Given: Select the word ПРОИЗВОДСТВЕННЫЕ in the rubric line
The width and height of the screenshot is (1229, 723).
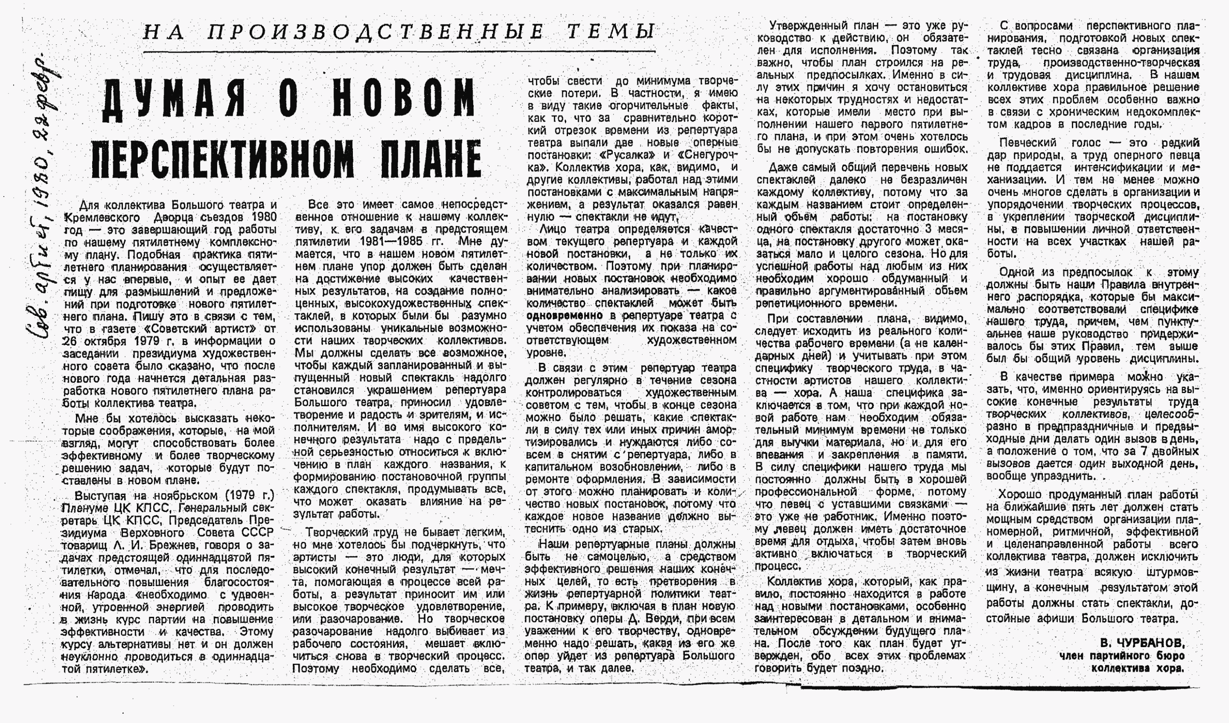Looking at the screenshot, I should (x=376, y=32).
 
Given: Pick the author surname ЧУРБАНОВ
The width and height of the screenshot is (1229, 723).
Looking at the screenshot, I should (x=1141, y=642).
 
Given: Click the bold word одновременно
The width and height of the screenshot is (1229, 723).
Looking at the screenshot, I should (x=565, y=315).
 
